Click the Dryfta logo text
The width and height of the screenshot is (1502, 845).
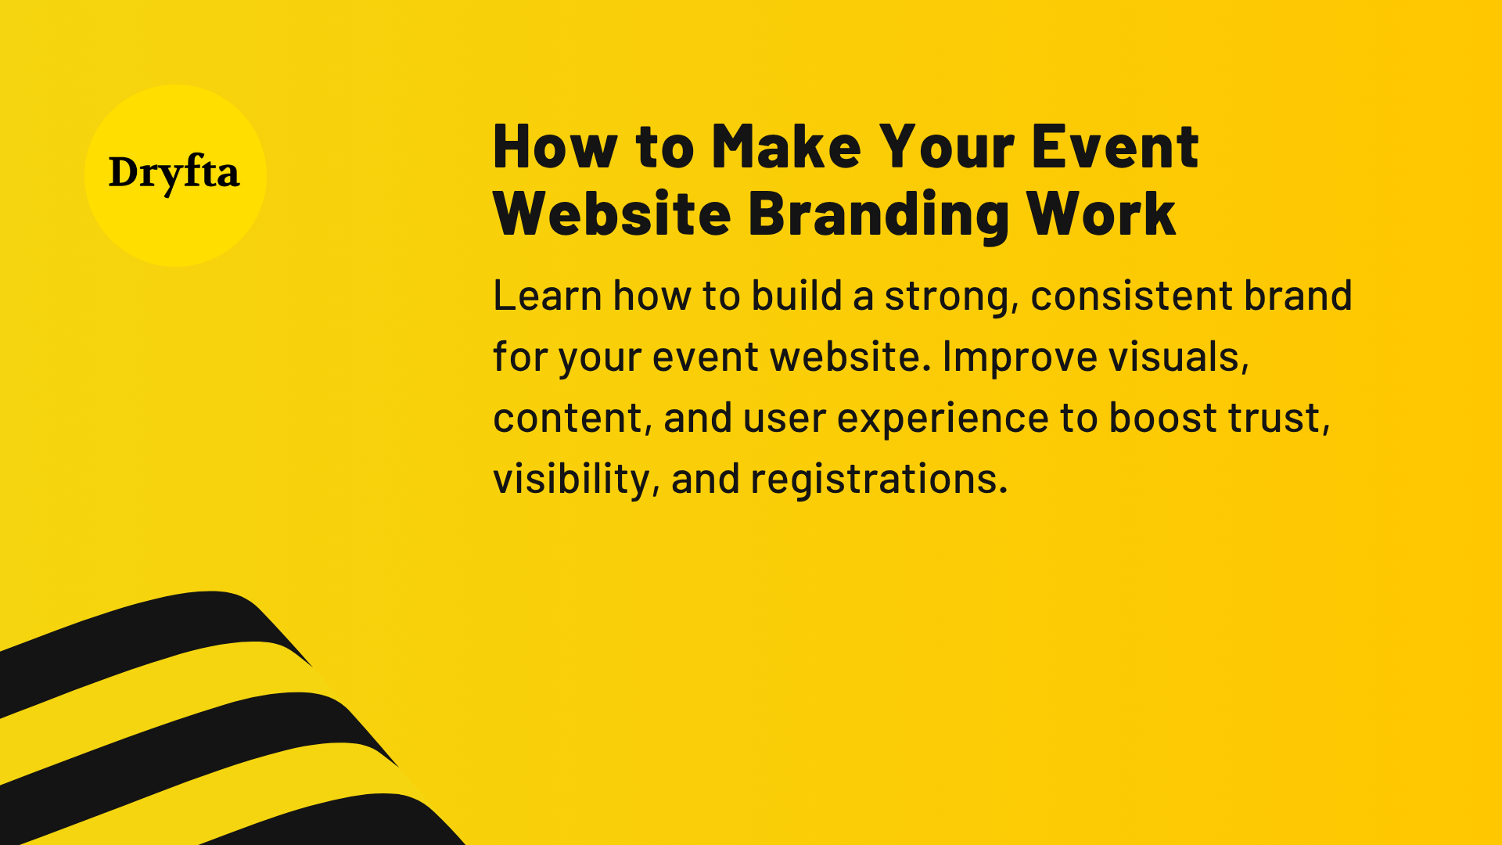coord(174,173)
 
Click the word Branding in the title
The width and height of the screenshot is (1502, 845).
coord(878,214)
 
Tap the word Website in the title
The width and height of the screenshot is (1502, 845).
coord(612,214)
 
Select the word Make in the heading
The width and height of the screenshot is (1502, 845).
coord(785,146)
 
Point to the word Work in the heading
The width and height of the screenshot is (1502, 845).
coord(1101,214)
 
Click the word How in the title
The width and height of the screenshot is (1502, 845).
coord(555,146)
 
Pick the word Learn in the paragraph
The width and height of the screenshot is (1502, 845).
coord(547,296)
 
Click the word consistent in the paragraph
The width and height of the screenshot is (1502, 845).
coord(1131,296)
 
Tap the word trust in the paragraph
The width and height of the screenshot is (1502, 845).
coord(1278,418)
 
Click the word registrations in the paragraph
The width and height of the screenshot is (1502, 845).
coord(879,479)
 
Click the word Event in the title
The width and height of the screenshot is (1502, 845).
coord(1114,146)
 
